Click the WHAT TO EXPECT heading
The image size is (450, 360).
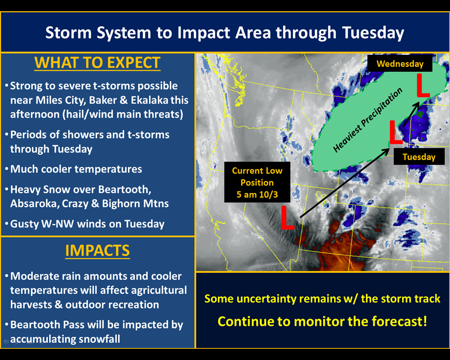97,63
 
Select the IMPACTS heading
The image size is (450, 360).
97,250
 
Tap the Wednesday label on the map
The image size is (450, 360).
400,63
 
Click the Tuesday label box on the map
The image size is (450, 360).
419,157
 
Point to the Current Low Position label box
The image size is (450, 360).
257,182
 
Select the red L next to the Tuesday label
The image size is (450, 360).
396,132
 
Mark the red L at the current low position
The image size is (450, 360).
287,217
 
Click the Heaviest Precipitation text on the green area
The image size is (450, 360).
367,120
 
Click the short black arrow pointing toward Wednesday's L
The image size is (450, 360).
411,115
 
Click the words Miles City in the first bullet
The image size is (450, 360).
60,100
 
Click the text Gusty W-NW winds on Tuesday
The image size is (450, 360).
87,224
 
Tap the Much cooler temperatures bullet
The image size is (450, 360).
76,169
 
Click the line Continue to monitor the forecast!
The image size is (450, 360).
322,321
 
